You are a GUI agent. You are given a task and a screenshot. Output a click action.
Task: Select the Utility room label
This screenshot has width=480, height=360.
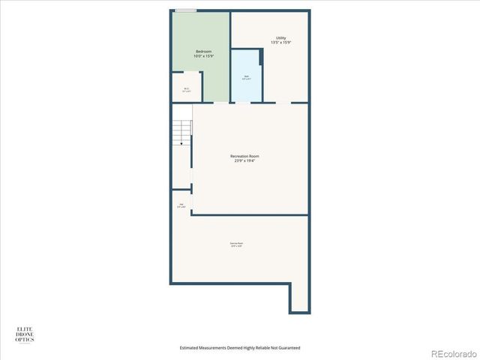coord(280,37)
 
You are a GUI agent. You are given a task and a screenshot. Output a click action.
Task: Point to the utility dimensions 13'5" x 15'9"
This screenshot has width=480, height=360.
coord(280,43)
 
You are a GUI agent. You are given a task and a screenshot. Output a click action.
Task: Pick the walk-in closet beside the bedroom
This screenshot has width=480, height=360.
coord(186,86)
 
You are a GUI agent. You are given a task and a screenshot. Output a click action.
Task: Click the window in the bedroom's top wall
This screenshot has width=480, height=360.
coord(186,10)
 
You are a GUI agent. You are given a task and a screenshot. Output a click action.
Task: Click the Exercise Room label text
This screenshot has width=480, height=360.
coord(236,243)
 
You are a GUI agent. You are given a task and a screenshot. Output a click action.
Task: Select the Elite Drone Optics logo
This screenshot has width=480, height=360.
coord(25,334)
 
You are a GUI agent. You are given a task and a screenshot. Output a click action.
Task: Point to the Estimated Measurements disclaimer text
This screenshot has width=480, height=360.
coord(240,348)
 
